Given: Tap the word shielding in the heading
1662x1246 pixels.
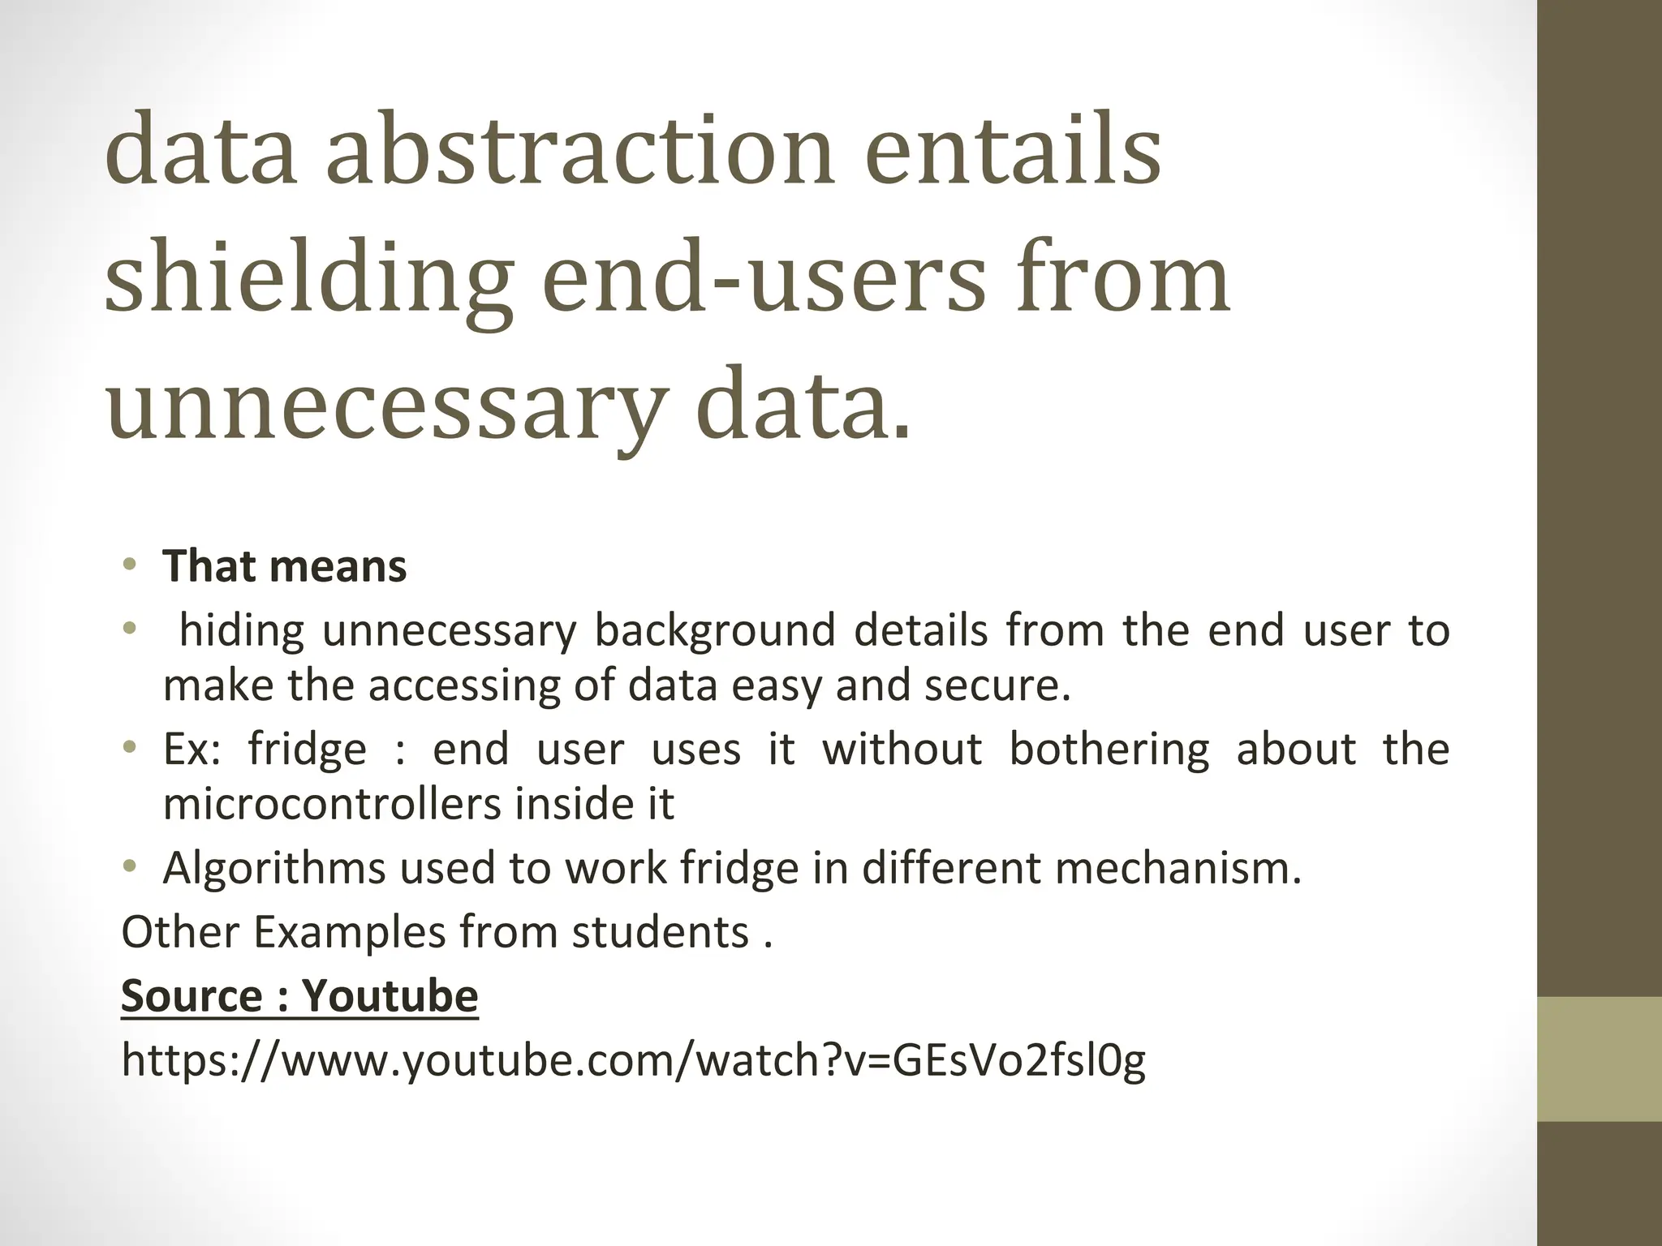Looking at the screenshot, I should pos(308,280).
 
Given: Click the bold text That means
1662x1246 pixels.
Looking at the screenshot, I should pos(284,566).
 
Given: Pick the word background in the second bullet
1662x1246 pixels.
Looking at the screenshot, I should pos(714,630).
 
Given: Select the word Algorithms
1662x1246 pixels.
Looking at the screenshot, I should pos(273,869).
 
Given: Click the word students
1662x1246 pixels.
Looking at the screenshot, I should pos(660,932).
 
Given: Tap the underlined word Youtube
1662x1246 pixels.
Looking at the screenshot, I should pos(390,995).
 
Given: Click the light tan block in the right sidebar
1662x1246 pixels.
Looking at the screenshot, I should pos(1599,1059).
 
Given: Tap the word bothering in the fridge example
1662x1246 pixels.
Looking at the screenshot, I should pos(1109,749).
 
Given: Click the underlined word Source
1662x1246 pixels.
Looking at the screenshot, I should pos(190,995).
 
